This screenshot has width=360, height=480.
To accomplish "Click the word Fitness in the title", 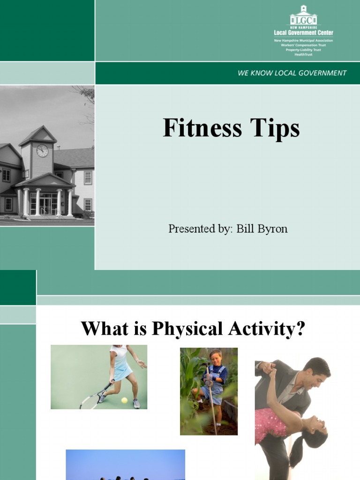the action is (x=202, y=127).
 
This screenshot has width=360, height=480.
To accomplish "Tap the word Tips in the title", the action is (x=275, y=129).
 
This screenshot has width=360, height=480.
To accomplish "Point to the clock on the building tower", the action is (x=42, y=150).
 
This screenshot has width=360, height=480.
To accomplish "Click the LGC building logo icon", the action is (x=303, y=15).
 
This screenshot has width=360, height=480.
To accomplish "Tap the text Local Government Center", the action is (x=303, y=32).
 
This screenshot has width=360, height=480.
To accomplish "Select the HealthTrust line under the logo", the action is (x=303, y=54).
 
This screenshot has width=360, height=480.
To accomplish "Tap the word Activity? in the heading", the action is (x=266, y=329).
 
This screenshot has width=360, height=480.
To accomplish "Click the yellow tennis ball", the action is (x=124, y=400).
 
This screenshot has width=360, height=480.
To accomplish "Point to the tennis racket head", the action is (x=89, y=400).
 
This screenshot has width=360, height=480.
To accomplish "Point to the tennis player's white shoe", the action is (x=136, y=404).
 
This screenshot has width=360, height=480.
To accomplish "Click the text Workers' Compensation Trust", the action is (x=303, y=45).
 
